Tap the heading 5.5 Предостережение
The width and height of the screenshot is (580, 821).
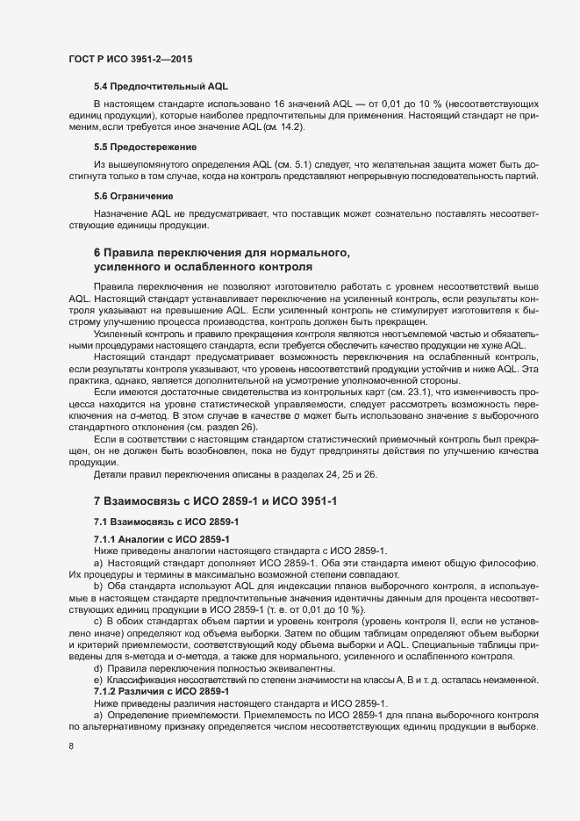click(x=146, y=146)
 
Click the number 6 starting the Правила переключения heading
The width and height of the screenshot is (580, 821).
click(x=97, y=253)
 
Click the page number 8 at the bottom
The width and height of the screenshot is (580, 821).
click(x=71, y=746)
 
